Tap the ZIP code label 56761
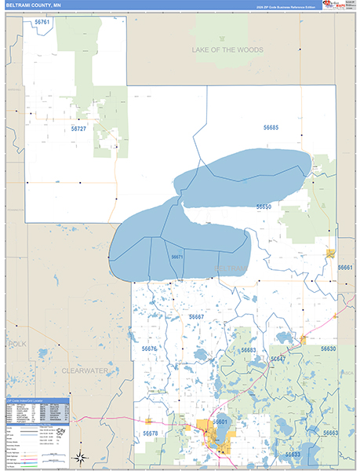click(42, 22)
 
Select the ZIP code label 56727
click(78, 127)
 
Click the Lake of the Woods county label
click(228, 49)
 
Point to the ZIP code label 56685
click(270, 127)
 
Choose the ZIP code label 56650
click(264, 206)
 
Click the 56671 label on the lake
click(177, 257)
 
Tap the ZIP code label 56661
click(346, 268)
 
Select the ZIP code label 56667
click(196, 316)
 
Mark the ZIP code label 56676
click(150, 348)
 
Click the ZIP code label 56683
click(248, 350)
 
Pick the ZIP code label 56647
click(278, 359)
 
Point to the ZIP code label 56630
click(328, 349)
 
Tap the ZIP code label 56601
click(220, 422)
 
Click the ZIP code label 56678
click(151, 433)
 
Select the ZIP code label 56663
click(330, 433)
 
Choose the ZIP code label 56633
click(293, 455)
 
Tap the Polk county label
click(17, 344)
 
